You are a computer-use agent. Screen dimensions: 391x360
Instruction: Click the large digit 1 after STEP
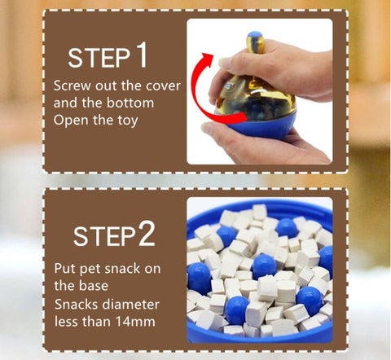point(142,55)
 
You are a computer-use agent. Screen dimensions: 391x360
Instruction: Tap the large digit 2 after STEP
point(147,234)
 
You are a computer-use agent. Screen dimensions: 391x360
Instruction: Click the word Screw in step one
point(72,86)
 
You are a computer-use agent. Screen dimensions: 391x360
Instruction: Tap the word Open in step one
point(72,120)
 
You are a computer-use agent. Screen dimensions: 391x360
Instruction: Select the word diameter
point(132,304)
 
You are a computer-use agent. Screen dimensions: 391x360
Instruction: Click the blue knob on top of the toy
point(255,35)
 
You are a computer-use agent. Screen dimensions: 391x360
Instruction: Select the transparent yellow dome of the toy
point(255,98)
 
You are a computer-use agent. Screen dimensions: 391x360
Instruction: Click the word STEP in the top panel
point(99,58)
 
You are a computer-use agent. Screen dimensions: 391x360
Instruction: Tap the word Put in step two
point(65,269)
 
